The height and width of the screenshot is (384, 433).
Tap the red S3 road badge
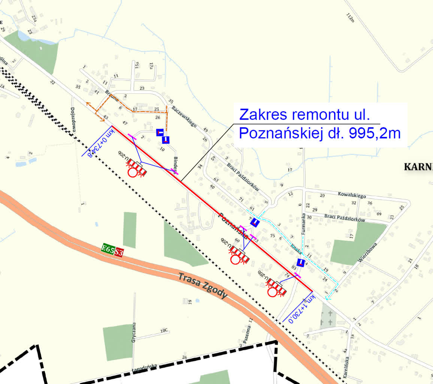pyautogui.click(x=119, y=252)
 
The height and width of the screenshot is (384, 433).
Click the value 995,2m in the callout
pyautogui.click(x=375, y=133)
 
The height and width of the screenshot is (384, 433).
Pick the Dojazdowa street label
pyautogui.click(x=73, y=120)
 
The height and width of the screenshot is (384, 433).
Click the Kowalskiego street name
pyautogui.click(x=352, y=195)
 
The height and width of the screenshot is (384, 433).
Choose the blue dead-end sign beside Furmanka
pyautogui.click(x=300, y=262)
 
